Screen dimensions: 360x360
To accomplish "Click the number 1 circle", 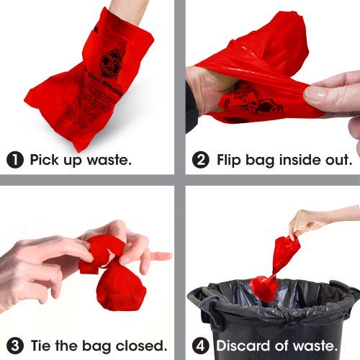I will tap(15, 160).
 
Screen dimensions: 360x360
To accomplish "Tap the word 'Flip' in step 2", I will tap(232, 160).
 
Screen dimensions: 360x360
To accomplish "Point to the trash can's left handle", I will tap(202, 299).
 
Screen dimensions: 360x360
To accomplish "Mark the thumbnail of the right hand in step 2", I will tap(315, 93).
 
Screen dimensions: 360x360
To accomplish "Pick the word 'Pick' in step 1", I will tap(45, 160).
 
